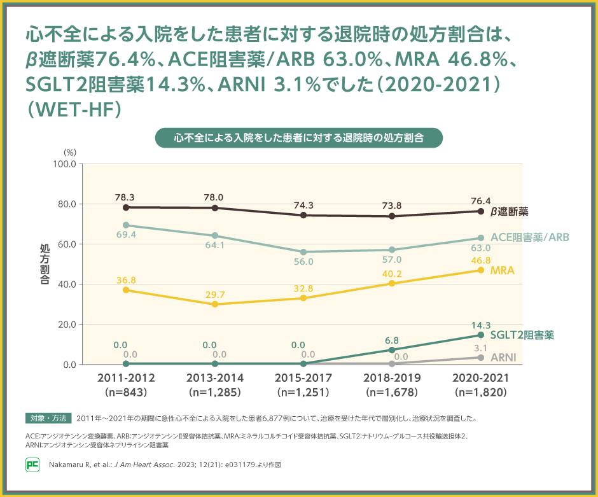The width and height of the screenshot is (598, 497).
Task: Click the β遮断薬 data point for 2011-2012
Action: [x=126, y=207]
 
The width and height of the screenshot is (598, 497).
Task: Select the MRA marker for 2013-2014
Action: [x=215, y=304]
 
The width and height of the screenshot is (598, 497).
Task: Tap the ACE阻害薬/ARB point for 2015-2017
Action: [x=303, y=252]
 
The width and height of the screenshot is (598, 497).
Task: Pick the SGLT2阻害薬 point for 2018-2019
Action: [x=392, y=350]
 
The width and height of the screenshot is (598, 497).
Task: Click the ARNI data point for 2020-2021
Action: [x=481, y=358]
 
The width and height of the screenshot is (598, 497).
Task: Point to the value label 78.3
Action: [x=126, y=197]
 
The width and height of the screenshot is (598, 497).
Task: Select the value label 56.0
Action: [x=303, y=262]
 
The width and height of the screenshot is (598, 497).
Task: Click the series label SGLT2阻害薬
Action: [x=522, y=335]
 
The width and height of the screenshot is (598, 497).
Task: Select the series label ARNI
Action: [x=503, y=357]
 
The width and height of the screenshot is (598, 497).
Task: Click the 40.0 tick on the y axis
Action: [x=66, y=284]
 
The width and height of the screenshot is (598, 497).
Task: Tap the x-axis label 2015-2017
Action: [x=303, y=378]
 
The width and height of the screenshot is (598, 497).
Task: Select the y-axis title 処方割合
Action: [x=45, y=264]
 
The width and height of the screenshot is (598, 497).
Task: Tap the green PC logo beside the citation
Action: [x=32, y=465]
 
